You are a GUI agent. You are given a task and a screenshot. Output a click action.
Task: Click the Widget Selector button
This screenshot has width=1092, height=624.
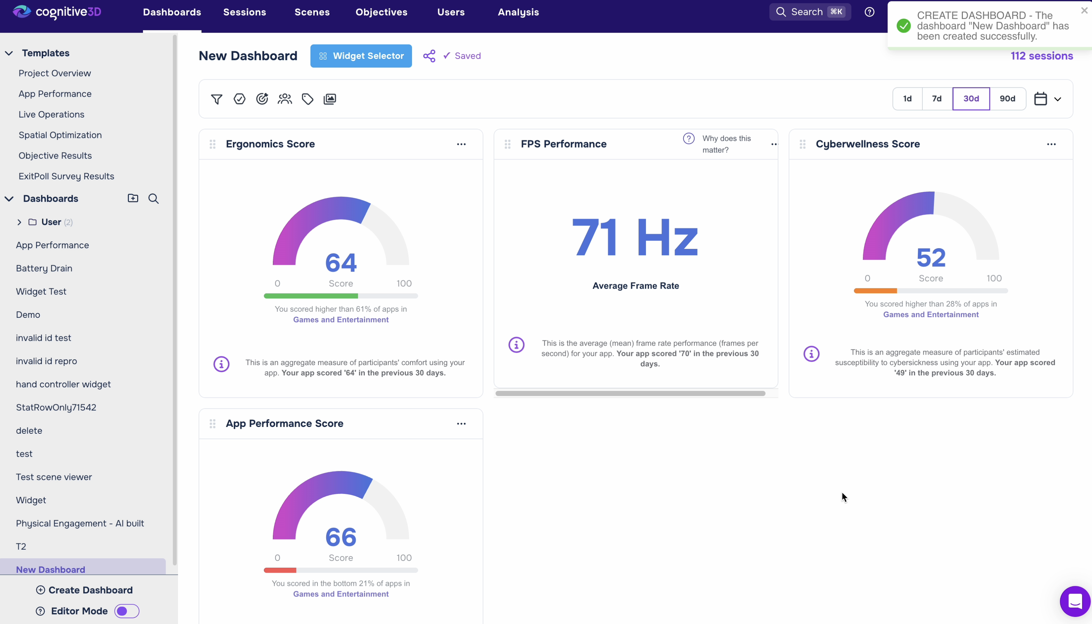point(361,56)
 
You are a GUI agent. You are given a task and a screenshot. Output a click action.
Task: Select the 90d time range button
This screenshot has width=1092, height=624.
point(1007,99)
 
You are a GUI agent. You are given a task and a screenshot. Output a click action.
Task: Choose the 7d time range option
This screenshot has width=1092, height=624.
point(937,99)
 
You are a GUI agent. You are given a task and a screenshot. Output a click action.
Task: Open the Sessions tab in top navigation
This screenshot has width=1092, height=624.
point(244,12)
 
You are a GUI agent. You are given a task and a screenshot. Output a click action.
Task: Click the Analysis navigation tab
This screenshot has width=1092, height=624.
point(518,12)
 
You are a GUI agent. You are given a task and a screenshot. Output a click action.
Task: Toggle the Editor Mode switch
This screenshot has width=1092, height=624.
point(127,611)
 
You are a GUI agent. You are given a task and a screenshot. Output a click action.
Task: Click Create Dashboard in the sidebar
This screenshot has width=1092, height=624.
point(84,590)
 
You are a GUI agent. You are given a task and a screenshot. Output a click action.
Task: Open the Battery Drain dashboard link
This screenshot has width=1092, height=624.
point(44,268)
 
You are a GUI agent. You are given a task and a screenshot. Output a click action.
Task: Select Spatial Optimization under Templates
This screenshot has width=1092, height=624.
point(60,135)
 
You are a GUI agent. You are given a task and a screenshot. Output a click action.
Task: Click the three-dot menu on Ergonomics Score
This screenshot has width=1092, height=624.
point(461,144)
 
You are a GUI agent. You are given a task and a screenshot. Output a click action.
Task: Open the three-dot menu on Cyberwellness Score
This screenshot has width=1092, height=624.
point(1051,144)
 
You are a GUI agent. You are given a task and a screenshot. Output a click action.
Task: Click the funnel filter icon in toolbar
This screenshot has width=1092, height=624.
point(217,99)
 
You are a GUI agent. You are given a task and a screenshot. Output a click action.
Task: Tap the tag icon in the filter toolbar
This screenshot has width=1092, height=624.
point(307,99)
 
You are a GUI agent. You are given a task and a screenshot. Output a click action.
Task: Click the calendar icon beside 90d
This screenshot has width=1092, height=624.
point(1041,99)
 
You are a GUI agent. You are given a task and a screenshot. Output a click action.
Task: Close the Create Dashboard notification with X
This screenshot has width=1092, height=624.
point(1084,10)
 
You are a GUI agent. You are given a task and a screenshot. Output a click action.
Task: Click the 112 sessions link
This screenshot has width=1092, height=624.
point(1042,56)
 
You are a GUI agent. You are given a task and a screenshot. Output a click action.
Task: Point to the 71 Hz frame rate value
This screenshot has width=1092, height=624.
point(635,237)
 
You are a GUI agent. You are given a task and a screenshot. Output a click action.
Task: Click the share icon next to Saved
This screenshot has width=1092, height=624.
point(429,56)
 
